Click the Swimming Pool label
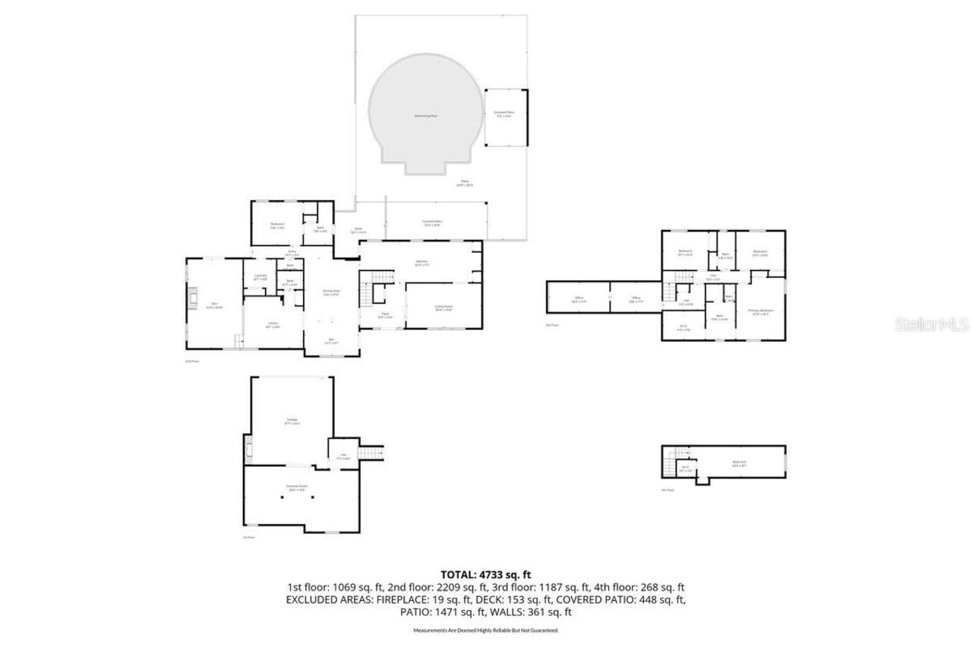tap(425, 116)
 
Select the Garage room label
tap(292, 421)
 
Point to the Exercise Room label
tap(296, 488)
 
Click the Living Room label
tap(443, 308)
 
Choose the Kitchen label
tap(421, 263)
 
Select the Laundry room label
tap(260, 277)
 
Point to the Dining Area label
tap(330, 292)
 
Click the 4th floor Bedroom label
tap(739, 463)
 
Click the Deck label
tap(358, 230)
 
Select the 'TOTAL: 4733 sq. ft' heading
tap(485, 574)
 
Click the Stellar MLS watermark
tap(932, 325)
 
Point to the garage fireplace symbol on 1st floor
tap(248, 450)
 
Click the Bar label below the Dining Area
tap(330, 340)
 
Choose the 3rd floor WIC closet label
tap(683, 327)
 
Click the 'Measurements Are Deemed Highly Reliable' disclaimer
tap(485, 631)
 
